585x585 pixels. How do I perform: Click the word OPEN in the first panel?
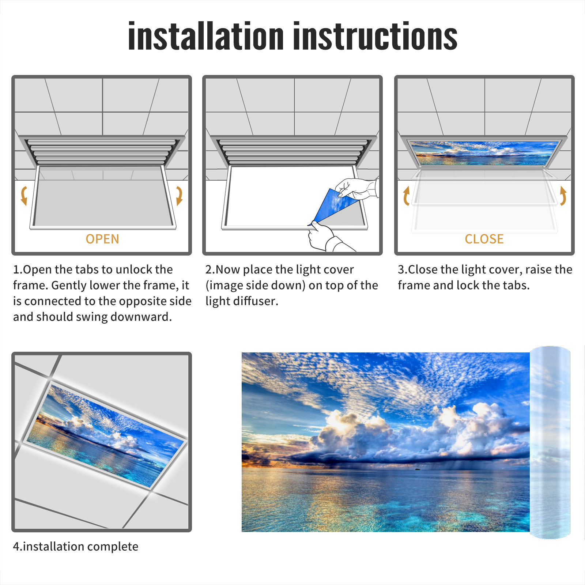click(x=102, y=239)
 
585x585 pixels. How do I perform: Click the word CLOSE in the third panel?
click(x=484, y=239)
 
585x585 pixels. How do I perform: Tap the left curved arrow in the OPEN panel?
click(x=24, y=196)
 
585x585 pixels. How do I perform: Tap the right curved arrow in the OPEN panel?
click(x=179, y=196)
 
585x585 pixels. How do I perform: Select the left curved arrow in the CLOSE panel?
click(x=406, y=196)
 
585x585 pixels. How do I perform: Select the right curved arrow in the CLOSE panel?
click(x=563, y=196)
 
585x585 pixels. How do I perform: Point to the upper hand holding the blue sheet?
click(x=356, y=188)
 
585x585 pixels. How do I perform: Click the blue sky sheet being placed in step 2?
click(x=333, y=205)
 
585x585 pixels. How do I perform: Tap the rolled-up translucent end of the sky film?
click(x=550, y=442)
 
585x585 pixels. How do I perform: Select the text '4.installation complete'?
click(x=76, y=546)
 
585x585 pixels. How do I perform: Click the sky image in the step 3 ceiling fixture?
click(x=484, y=153)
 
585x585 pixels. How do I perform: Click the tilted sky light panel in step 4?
click(x=105, y=435)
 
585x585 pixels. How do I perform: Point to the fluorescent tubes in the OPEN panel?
click(x=102, y=151)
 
